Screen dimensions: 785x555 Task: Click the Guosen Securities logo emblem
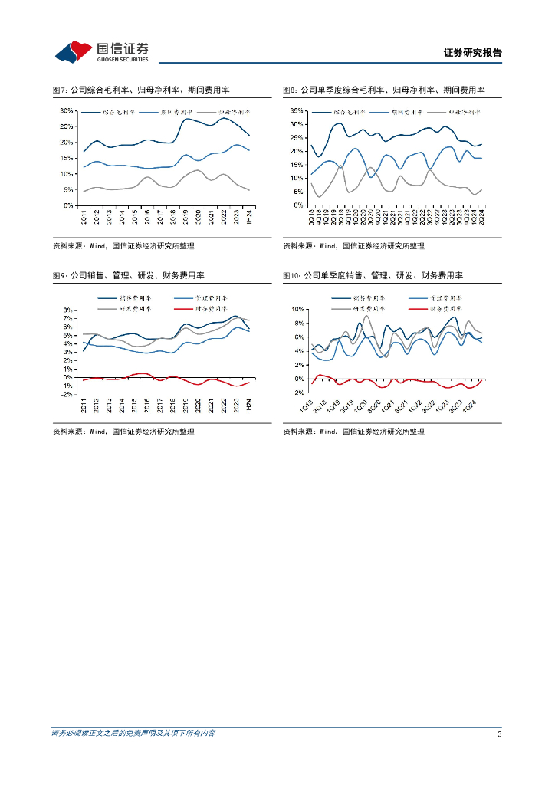tap(74, 51)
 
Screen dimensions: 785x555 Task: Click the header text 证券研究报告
tap(472, 53)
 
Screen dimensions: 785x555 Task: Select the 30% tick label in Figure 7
tap(67, 110)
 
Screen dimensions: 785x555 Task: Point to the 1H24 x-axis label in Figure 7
tap(249, 215)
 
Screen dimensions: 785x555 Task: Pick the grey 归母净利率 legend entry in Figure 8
tap(465, 112)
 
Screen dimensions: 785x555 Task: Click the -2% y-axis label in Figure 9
tap(67, 394)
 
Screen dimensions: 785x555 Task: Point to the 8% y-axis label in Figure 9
tap(68, 310)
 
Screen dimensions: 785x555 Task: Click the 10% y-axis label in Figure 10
tap(298, 308)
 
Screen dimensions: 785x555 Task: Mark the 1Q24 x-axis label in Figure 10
tap(472, 404)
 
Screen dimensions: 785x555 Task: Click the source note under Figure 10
tap(353, 432)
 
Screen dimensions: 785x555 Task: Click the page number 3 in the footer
tap(499, 734)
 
